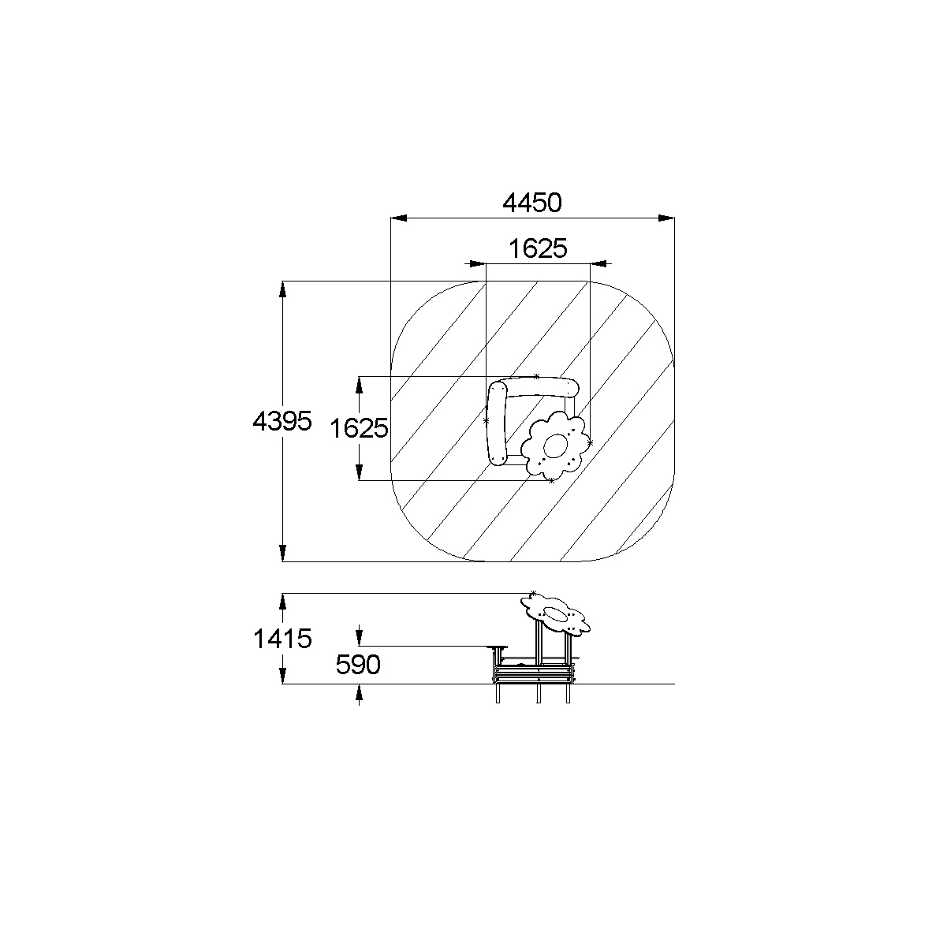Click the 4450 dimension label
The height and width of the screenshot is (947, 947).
531,203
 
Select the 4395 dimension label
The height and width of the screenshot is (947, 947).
282,421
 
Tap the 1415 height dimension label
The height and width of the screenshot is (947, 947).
282,639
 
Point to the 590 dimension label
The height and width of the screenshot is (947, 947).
358,665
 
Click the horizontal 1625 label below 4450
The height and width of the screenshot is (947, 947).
538,248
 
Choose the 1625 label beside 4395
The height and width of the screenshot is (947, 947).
359,428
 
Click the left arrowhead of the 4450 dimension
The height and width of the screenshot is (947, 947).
398,218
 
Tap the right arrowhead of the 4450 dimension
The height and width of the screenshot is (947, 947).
666,218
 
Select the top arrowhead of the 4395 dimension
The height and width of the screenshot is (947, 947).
282,289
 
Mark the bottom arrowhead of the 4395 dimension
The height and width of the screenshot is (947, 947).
282,554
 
